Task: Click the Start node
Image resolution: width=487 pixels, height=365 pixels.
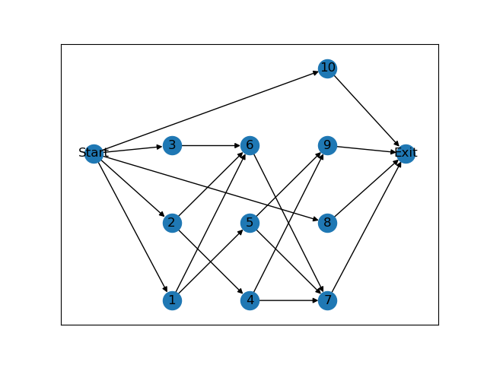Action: point(94,154)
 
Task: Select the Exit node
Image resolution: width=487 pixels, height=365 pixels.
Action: point(406,154)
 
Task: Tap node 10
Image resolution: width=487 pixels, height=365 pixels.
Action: point(327,68)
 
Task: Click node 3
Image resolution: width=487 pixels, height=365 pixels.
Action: point(172,145)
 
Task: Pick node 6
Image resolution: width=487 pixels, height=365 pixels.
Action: point(250,145)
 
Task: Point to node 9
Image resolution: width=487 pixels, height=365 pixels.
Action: point(327,145)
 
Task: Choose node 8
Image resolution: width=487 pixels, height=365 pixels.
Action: point(327,223)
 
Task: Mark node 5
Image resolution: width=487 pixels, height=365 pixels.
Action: point(250,223)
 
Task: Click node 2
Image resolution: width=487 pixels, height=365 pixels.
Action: point(172,223)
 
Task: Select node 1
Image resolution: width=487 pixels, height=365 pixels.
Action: point(172,300)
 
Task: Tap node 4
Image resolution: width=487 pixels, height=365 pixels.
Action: point(250,300)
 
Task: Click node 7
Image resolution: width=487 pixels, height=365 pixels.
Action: point(327,300)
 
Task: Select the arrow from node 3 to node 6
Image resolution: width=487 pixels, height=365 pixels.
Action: point(211,145)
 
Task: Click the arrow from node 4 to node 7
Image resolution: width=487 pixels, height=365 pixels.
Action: point(288,300)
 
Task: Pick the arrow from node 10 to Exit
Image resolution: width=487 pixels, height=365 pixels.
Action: point(366,111)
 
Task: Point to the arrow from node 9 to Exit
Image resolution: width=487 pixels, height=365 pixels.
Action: point(366,150)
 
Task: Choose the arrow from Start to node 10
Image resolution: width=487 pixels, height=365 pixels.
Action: point(210,111)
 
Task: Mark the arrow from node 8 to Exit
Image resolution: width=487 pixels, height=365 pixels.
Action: point(366,189)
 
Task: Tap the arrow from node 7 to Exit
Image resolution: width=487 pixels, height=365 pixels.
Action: point(366,227)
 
